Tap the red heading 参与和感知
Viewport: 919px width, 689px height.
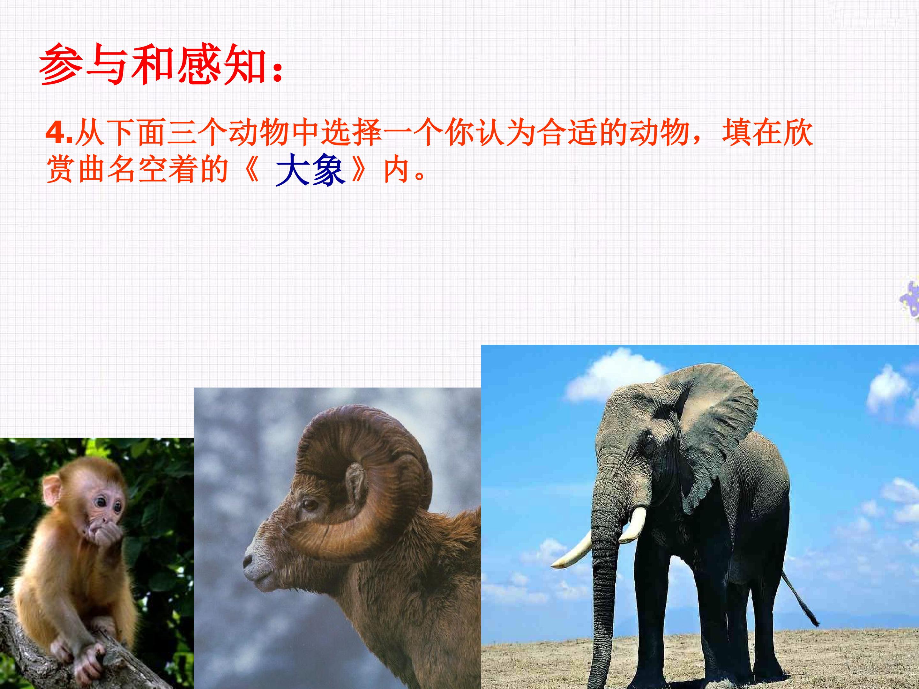(x=161, y=66)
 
